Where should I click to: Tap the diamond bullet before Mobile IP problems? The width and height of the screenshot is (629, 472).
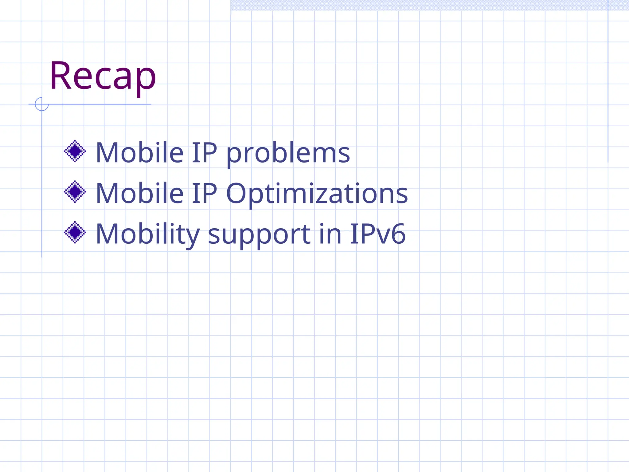75,151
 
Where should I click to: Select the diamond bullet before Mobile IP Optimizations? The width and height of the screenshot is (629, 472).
75,192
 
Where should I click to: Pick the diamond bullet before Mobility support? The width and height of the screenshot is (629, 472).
75,232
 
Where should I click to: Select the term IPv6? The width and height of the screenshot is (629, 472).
377,234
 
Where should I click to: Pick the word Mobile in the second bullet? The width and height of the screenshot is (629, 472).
140,193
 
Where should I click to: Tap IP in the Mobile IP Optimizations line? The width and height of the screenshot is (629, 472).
205,193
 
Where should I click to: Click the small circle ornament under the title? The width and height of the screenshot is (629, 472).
42,104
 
